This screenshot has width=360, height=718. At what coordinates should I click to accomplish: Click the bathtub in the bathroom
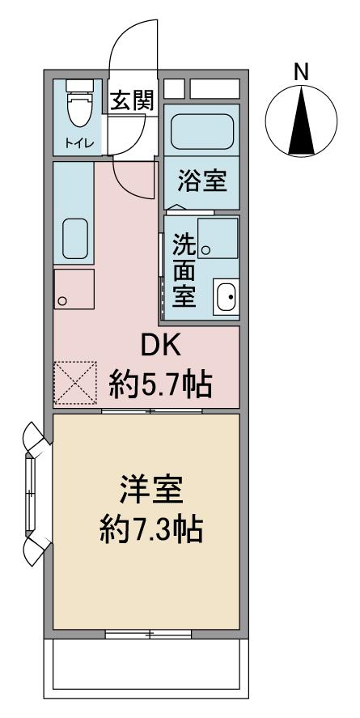(x=201, y=130)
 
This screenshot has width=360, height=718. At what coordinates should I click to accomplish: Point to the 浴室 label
(x=202, y=181)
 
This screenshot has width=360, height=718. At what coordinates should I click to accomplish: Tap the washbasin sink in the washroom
(x=226, y=296)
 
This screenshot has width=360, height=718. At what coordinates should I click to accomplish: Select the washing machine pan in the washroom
(x=218, y=238)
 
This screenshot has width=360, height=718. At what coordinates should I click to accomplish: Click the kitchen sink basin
(x=74, y=238)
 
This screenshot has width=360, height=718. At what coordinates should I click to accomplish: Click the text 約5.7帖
(x=160, y=385)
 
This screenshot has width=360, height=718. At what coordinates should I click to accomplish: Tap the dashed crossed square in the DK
(x=75, y=383)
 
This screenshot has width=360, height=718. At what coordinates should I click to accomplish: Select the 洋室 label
(x=152, y=491)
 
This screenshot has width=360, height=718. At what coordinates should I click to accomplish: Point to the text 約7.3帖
(x=152, y=529)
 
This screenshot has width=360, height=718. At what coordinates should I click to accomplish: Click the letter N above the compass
(x=300, y=72)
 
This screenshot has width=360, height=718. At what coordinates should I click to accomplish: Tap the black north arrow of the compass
(x=302, y=121)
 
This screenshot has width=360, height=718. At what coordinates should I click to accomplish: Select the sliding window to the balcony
(x=148, y=634)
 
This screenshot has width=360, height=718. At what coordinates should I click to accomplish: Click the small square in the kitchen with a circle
(x=74, y=290)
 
